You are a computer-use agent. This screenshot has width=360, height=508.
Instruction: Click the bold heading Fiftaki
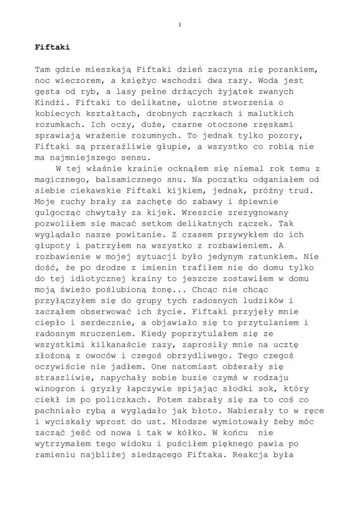coord(52,48)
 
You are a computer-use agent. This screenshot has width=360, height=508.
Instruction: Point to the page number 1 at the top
coord(179,25)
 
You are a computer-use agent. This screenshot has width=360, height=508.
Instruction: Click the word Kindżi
coord(49,103)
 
